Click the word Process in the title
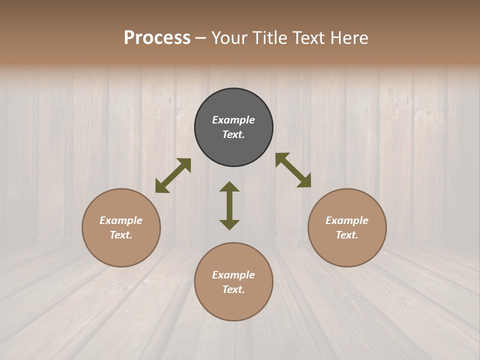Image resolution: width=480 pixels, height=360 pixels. (157, 38)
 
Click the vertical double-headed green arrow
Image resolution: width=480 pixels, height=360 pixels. (229, 205)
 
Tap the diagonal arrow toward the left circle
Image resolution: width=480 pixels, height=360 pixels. (173, 175)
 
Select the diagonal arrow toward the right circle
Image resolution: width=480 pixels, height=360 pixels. (293, 170)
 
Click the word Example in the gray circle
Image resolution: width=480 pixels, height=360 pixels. (233, 120)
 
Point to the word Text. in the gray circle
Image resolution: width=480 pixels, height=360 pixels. (233, 134)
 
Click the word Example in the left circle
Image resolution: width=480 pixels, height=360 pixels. (121, 220)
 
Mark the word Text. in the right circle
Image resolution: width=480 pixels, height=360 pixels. (347, 235)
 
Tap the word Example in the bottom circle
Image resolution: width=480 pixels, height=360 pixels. (233, 275)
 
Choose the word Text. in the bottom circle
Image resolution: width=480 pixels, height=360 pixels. (233, 289)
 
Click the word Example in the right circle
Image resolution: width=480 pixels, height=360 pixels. (347, 220)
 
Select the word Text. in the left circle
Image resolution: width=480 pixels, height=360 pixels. (121, 235)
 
